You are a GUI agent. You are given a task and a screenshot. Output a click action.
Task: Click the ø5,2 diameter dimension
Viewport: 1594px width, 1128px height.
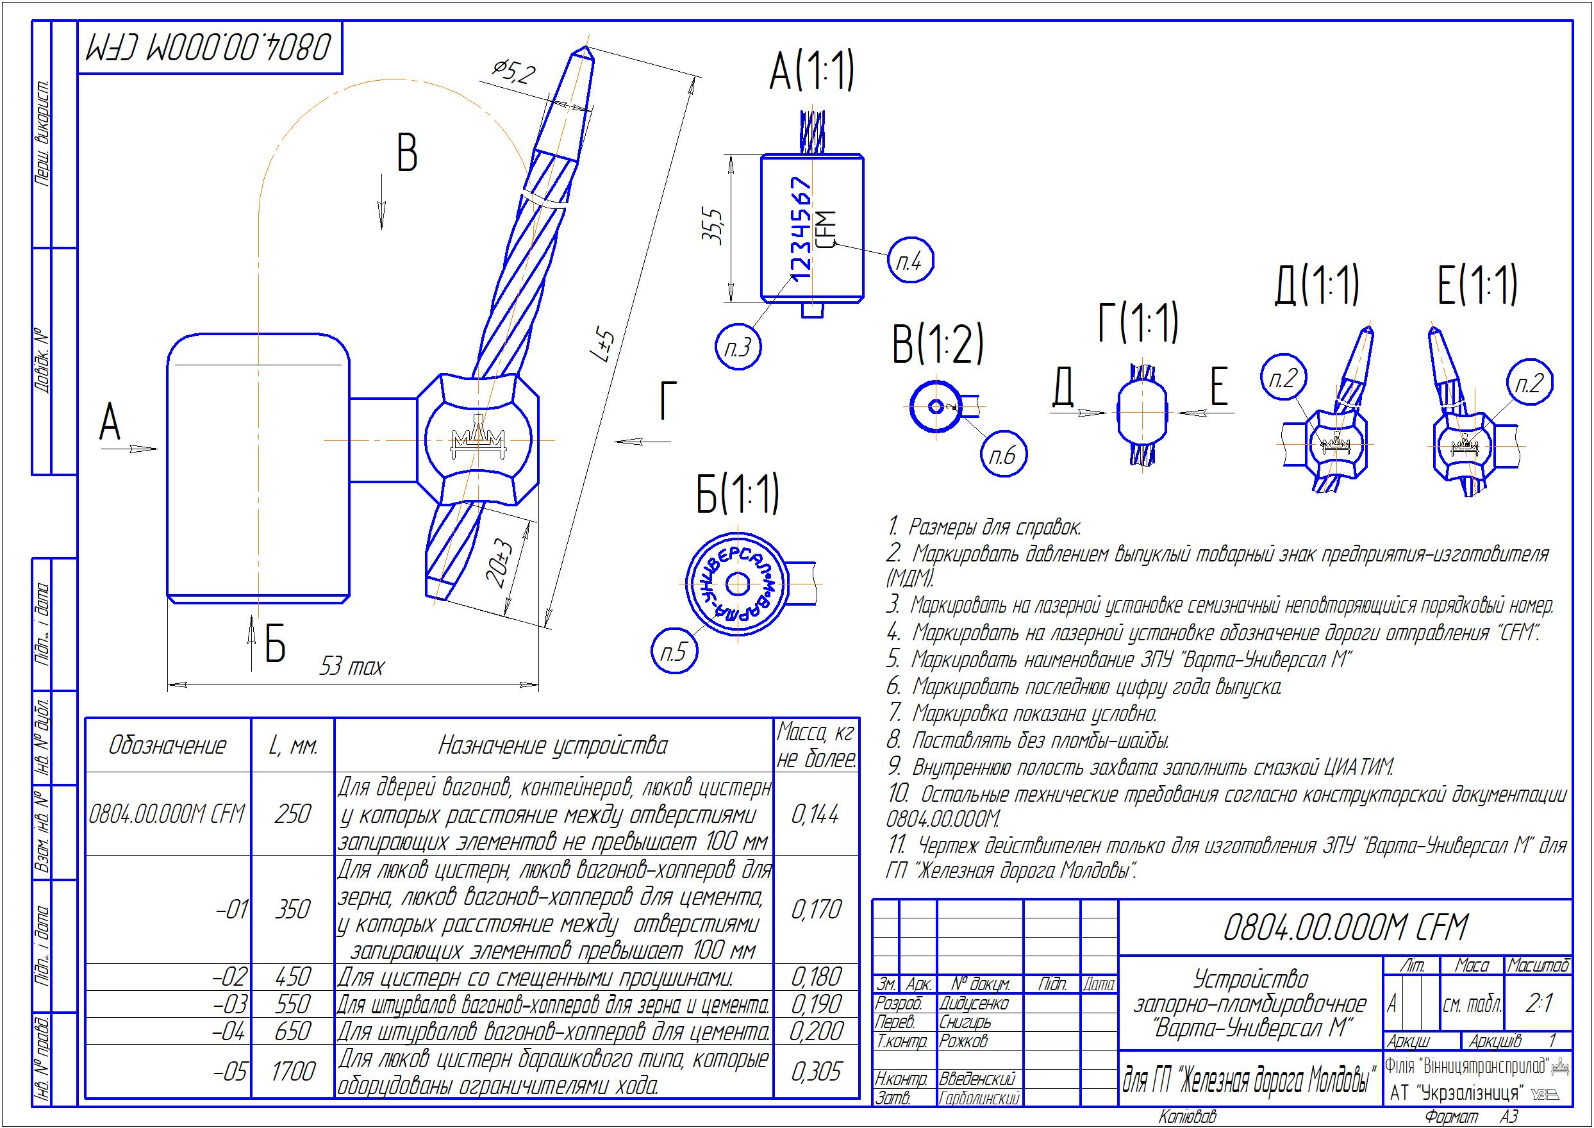pos(513,72)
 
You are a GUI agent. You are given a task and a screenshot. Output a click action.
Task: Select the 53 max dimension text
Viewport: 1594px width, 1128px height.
pos(351,667)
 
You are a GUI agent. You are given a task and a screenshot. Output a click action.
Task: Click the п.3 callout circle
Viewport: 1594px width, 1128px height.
pos(738,347)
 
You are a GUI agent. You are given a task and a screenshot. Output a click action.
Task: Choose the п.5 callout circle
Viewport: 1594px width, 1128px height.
pos(674,652)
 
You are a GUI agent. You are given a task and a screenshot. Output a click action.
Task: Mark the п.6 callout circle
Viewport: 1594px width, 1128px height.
pos(1002,455)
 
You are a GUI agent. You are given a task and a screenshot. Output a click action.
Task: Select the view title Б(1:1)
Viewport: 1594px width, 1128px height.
pos(737,495)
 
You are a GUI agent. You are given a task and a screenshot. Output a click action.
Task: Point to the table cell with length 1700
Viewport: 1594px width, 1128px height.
pos(292,1071)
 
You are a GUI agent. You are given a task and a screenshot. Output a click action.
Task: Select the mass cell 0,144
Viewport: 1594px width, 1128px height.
pos(815,813)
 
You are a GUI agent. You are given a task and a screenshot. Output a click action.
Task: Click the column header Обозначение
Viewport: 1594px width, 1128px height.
pos(167,745)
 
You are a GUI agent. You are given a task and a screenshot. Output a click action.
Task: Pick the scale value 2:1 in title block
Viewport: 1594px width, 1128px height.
pos(1538,1003)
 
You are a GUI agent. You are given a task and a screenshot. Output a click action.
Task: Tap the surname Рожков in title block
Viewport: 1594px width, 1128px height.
pos(963,1041)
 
